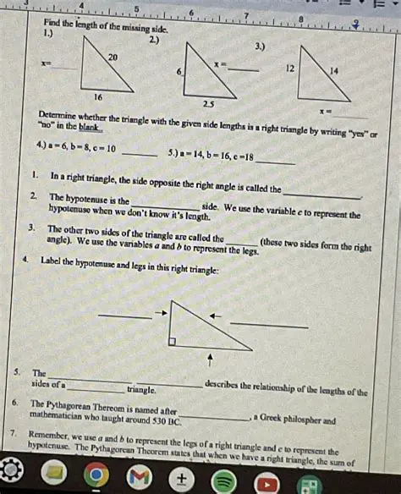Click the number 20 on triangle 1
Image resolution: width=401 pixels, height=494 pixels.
[113, 56]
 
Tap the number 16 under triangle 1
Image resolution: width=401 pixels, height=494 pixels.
[99, 97]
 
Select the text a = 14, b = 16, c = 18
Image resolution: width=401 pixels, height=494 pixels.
[211, 155]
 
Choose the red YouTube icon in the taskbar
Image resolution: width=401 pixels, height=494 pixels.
[268, 477]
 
